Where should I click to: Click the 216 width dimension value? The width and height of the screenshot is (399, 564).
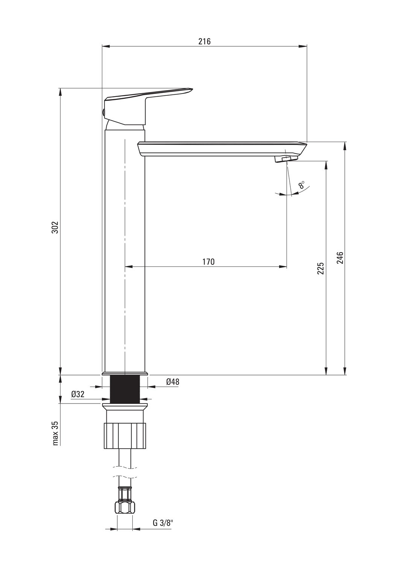coord(204,41)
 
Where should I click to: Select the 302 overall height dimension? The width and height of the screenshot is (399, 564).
coord(55,227)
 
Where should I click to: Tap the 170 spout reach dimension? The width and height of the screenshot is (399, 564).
coord(208,262)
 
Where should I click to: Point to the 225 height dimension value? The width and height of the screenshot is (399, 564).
coord(320,268)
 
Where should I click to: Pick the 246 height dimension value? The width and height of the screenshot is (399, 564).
coord(340,258)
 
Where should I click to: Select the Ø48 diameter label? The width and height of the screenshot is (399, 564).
coord(173,382)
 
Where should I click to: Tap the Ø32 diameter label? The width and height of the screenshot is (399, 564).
coord(77,394)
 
